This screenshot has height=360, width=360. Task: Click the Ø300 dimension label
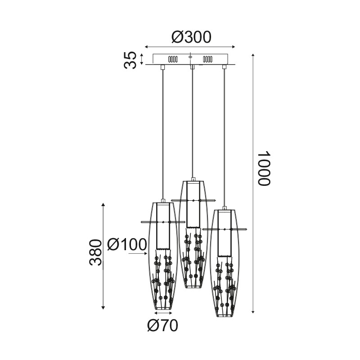pos(191,37)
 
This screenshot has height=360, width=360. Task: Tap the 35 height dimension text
pos(130,60)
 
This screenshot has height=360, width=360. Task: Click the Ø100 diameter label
pos(127,244)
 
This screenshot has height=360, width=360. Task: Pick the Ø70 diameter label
pos(162,325)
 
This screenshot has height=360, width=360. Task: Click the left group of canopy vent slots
pos(173,59)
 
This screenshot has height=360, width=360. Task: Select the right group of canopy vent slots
pos(207,59)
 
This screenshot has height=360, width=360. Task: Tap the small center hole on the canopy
pos(190,57)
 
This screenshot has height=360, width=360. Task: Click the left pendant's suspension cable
pos(163,135)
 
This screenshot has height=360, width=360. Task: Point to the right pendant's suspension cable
pos(224,135)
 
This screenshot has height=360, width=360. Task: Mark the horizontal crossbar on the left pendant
pos(163,222)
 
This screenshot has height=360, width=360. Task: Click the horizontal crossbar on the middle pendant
pos(193,200)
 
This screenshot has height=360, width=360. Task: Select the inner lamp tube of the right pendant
pos(224,234)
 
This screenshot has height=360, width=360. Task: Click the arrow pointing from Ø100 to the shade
pos(139,254)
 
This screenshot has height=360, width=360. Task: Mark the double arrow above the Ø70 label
pos(163,312)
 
